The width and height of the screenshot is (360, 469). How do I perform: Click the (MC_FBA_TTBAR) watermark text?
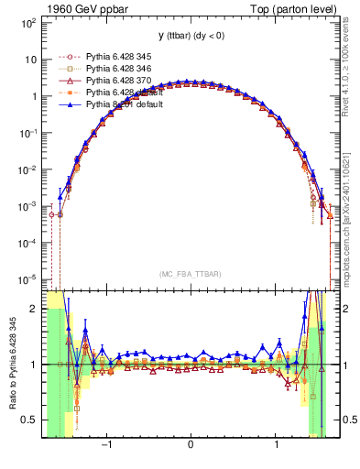[x=191, y=274]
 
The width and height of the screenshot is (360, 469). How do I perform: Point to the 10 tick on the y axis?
[x=30, y=59]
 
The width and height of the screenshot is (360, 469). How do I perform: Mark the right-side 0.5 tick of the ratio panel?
[x=348, y=420]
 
